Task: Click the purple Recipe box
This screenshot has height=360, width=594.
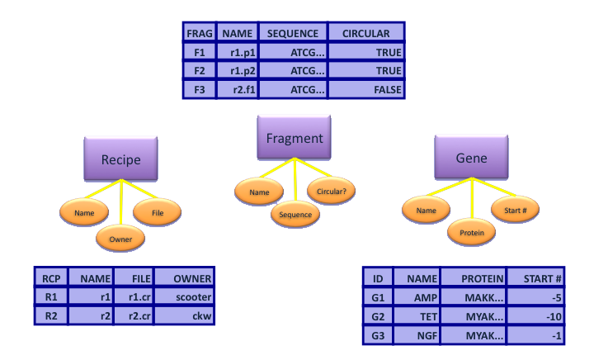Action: tap(120, 159)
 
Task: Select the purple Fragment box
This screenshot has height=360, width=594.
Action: tap(294, 138)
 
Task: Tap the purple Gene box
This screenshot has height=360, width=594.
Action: tap(471, 157)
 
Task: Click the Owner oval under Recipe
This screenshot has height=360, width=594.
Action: tap(120, 239)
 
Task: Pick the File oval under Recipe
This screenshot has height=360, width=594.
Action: tap(157, 212)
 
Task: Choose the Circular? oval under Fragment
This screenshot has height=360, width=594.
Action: tap(332, 192)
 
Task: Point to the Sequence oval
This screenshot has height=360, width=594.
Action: tap(295, 215)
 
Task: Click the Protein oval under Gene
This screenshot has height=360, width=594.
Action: tap(471, 233)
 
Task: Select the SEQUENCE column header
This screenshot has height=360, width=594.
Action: tap(292, 33)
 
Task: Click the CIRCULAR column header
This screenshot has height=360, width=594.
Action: tap(366, 33)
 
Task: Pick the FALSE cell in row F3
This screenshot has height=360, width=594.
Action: tap(366, 89)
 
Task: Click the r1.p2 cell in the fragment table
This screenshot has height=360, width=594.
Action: tap(237, 71)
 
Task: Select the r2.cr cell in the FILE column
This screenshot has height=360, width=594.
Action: tap(132, 315)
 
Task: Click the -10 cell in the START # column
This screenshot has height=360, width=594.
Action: tap(536, 316)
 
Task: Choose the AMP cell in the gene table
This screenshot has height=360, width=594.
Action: tap(417, 297)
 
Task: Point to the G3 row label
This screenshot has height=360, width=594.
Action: tap(378, 335)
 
